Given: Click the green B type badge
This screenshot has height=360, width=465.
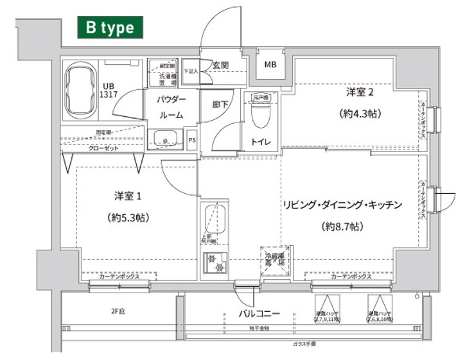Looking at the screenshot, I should tap(106, 28).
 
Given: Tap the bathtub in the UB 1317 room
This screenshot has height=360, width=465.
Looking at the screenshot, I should tap(80, 90).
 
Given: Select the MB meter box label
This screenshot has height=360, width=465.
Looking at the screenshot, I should tap(270, 64).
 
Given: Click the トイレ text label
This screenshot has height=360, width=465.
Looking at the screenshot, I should tap(261, 142).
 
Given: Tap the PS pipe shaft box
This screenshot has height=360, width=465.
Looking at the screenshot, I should tap(191, 138).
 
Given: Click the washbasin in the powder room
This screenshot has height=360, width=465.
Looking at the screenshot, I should tap(166, 138).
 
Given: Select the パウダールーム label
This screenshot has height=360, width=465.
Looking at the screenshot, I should tap(171, 107).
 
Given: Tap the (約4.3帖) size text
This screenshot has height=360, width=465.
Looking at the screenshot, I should tap(360, 114).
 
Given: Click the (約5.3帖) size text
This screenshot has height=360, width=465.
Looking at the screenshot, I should tap(128, 217).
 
